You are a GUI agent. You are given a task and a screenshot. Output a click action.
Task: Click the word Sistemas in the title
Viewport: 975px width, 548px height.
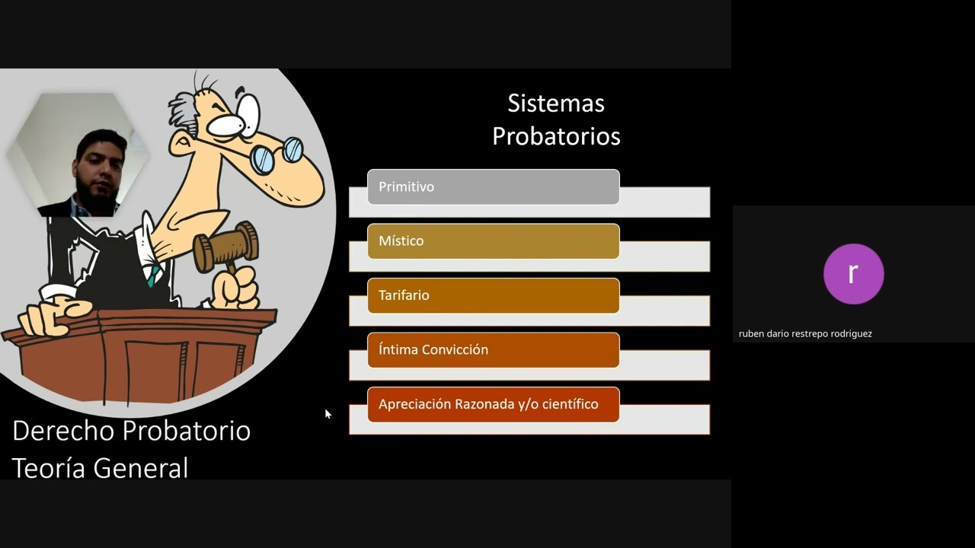point(555,103)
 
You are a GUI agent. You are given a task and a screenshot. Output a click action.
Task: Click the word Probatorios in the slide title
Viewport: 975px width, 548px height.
point(555,136)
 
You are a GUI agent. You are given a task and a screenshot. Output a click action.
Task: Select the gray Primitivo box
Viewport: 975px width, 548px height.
point(493,186)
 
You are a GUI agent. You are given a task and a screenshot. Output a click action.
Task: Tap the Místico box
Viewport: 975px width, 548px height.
point(493,241)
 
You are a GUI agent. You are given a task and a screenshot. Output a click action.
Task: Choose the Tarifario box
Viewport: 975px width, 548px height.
point(493,295)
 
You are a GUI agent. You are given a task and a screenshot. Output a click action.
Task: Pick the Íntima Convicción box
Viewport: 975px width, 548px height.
point(493,350)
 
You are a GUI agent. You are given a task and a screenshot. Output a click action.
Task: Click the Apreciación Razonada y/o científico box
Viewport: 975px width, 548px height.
point(493,404)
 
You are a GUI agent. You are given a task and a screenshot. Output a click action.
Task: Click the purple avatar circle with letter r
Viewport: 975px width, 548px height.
point(853,274)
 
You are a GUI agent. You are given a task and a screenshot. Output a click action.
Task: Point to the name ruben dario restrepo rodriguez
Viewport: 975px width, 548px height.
point(805,333)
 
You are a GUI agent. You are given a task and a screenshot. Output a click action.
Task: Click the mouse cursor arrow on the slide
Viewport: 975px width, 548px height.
point(327,413)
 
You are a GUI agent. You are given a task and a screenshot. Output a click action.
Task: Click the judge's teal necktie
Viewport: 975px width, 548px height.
point(152,275)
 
